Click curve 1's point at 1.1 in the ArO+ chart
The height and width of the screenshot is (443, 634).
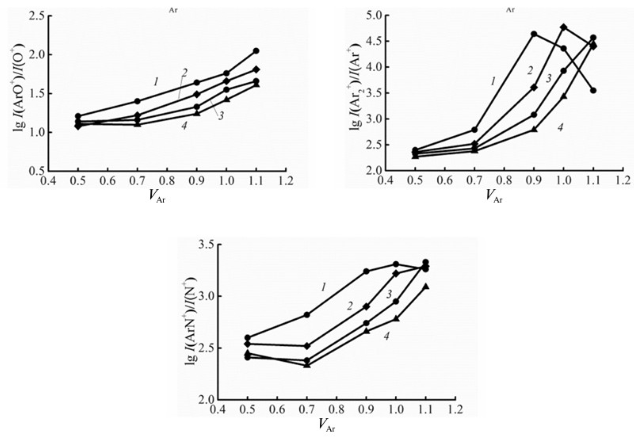click(x=256, y=51)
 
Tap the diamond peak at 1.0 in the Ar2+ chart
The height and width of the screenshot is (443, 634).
click(x=563, y=27)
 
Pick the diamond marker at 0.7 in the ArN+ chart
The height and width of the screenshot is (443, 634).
click(x=307, y=346)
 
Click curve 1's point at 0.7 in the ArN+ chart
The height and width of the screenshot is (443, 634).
click(x=307, y=315)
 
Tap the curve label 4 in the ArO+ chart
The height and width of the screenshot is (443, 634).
click(x=184, y=126)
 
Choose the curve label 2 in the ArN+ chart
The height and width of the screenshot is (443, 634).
click(x=350, y=306)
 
